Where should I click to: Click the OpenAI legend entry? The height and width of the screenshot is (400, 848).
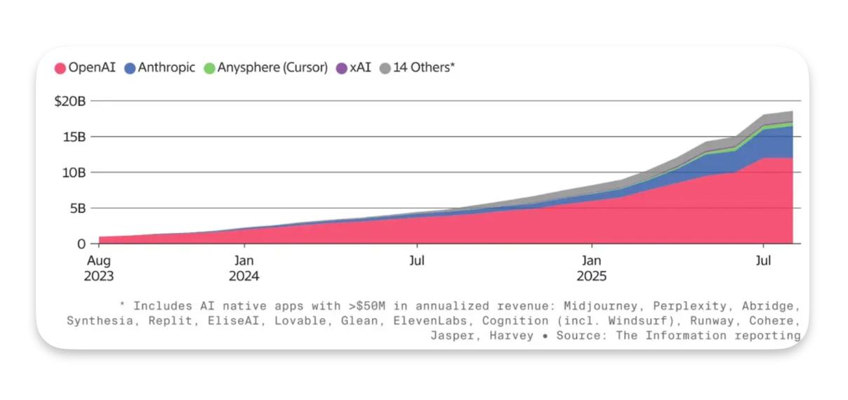pyautogui.click(x=85, y=68)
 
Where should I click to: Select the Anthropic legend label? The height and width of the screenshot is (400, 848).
pyautogui.click(x=160, y=68)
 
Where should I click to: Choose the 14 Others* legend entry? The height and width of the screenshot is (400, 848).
pyautogui.click(x=417, y=68)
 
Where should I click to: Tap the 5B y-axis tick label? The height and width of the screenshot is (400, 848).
pyautogui.click(x=77, y=208)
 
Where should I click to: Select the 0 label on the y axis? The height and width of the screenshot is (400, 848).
pyautogui.click(x=81, y=244)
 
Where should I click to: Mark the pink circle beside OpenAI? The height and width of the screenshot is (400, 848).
pyautogui.click(x=60, y=68)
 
